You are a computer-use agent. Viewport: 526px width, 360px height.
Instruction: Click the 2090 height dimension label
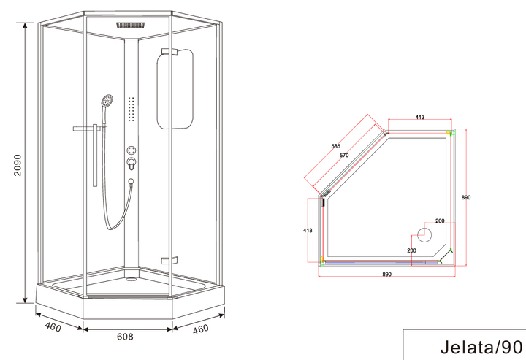(x=18, y=165)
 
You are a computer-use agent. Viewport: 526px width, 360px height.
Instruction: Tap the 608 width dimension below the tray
(x=125, y=337)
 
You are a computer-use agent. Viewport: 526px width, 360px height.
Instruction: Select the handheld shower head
(x=107, y=100)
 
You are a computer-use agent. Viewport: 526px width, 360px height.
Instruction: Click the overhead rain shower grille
(x=131, y=26)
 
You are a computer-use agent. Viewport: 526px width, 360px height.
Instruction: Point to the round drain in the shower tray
(x=131, y=279)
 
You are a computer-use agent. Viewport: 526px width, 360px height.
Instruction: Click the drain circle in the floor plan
(x=424, y=234)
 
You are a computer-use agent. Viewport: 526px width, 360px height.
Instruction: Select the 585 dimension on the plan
(x=335, y=146)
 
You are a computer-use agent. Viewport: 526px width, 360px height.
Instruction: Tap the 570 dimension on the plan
(x=344, y=156)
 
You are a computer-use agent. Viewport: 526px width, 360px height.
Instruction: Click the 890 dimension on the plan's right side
(x=466, y=197)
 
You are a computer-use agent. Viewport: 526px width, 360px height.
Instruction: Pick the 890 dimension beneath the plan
(x=386, y=274)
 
